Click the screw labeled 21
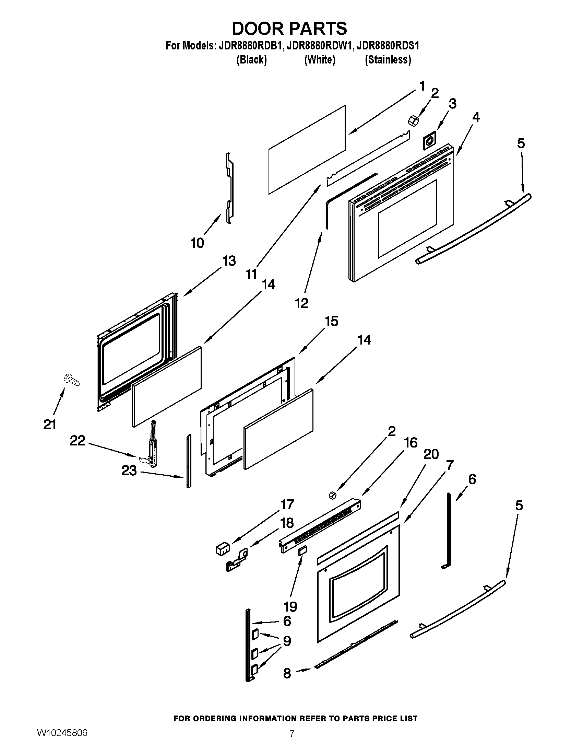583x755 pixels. (x=71, y=380)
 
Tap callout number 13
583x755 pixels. (x=228, y=261)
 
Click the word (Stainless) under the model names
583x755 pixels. (x=388, y=60)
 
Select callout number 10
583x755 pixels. (x=198, y=243)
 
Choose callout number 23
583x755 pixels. (x=129, y=471)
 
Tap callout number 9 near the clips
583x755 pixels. (x=287, y=641)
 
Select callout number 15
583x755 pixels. (x=332, y=321)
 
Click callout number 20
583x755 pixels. (x=431, y=454)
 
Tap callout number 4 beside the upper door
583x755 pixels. (x=476, y=117)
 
